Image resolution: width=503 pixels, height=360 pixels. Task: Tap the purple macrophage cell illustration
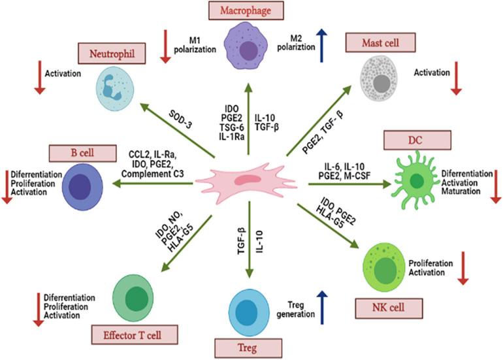[248, 47]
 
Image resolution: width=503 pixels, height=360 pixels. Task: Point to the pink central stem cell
[247, 183]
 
